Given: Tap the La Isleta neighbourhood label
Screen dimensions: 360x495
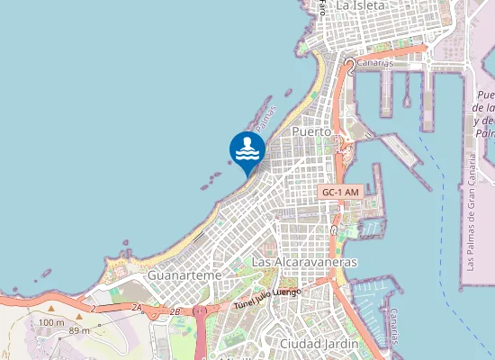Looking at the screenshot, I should coord(361,5).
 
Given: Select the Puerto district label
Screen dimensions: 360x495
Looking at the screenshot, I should coord(311,131).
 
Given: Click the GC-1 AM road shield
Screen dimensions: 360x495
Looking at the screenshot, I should coord(340,193).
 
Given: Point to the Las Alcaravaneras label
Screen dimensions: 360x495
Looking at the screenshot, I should coord(305,262).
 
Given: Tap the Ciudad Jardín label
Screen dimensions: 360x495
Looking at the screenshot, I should coord(319,344).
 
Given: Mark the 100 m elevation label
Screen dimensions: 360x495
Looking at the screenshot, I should coord(50,322).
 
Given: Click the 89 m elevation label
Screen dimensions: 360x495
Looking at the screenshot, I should coord(79,331).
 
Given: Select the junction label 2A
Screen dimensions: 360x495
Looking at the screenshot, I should coord(137,308).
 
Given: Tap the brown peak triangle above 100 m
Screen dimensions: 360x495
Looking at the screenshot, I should coord(51,309).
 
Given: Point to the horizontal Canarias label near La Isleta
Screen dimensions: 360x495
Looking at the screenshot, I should coord(375,63).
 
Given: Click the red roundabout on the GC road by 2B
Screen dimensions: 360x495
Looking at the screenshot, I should coord(201,311).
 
